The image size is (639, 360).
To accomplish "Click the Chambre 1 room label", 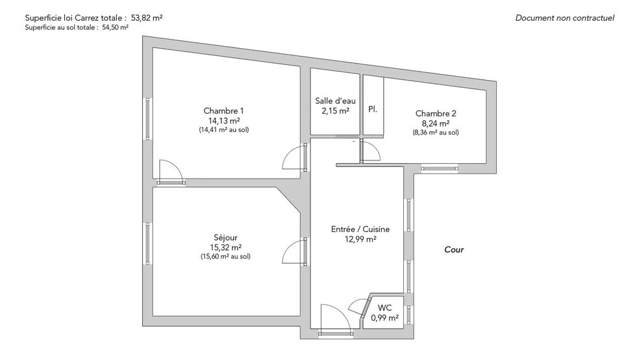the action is (223, 110).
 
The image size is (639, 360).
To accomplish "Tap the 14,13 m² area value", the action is (224, 121).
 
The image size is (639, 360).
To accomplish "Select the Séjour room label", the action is (225, 237).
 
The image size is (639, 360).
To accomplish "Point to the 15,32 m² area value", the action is (225, 248).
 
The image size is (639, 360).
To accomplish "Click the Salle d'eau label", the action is (335, 101).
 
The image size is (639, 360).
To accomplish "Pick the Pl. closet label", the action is (373, 109).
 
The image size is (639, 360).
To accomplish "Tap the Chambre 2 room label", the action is (436, 114).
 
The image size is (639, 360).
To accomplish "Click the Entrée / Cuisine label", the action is (360, 229).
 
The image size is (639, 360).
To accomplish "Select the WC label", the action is (384, 308).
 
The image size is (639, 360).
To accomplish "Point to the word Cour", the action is (454, 250).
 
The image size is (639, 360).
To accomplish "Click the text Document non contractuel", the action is (565, 18).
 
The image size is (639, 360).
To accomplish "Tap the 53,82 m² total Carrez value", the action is (147, 18).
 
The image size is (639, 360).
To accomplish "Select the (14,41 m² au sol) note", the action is (224, 130).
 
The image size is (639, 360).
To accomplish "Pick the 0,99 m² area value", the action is (384, 318).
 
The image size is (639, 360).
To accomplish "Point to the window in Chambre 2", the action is (439, 168).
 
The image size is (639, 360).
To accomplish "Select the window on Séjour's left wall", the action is (147, 243).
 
